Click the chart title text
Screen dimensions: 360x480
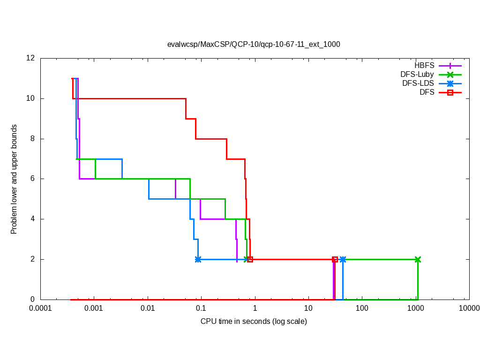[x=254, y=45]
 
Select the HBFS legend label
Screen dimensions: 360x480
[x=424, y=66]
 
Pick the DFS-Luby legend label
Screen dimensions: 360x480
[x=417, y=75]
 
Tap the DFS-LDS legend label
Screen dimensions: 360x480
[x=418, y=83]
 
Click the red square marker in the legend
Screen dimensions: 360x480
[x=450, y=92]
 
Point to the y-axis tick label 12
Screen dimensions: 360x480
[x=31, y=59]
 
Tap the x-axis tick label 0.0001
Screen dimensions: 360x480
[x=40, y=308]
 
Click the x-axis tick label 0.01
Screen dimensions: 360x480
[x=148, y=308]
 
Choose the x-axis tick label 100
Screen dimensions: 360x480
[x=362, y=308]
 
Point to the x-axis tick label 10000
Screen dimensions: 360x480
[x=469, y=308]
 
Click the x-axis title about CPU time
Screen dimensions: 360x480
[x=254, y=322]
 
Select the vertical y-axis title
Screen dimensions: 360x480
[x=14, y=179]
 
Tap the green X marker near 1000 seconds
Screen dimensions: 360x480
[x=418, y=259]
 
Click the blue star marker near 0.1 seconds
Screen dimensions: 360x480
[x=198, y=259]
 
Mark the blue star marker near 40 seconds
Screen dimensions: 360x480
[x=343, y=259]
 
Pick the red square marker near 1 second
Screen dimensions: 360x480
[x=250, y=259]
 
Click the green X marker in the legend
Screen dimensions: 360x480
[x=450, y=75]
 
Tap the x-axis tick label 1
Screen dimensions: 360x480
[x=255, y=308]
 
